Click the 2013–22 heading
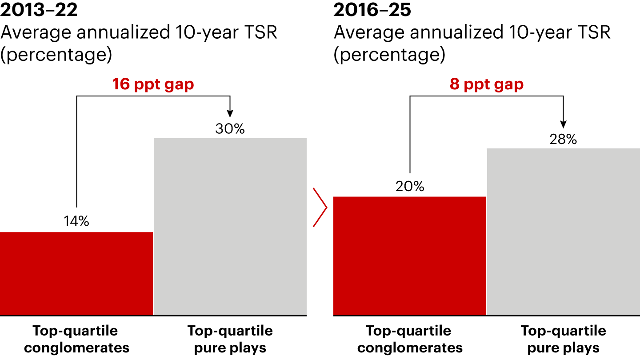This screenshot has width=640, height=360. [39, 10]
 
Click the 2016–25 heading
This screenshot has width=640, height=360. [372, 10]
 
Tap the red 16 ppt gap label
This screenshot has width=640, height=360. [153, 84]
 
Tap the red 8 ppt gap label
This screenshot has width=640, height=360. [487, 84]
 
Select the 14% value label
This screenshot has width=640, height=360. [76, 221]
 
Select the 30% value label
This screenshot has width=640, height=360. [230, 129]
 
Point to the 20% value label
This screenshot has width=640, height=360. [410, 186]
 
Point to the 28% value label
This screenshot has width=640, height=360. [563, 140]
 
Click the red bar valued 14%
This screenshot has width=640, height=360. [76, 273]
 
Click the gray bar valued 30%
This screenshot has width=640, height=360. [230, 227]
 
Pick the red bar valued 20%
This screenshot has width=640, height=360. [410, 256]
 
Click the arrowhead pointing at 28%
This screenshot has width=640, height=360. [563, 125]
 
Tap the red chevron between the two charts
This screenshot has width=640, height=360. [320, 208]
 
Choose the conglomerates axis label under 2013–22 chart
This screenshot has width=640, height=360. [76, 339]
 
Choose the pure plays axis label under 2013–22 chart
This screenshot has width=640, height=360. [230, 339]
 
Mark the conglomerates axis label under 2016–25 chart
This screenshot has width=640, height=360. [410, 339]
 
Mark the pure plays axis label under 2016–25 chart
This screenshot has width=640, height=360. [563, 339]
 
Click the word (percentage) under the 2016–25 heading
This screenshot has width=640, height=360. [389, 55]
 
